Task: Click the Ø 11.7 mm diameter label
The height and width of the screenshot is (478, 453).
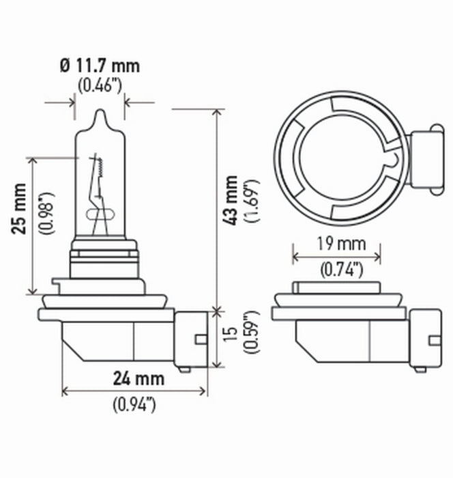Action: point(100,66)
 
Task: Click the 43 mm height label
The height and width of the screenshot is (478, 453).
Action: point(232,200)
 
